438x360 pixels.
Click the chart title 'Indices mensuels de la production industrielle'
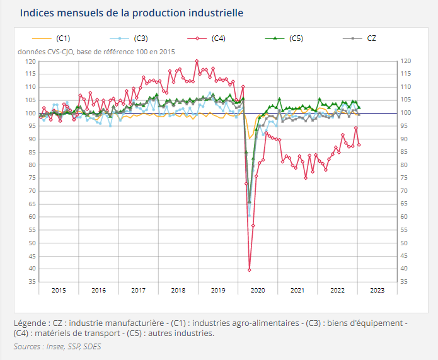tap(132, 13)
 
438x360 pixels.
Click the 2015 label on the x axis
tap(59, 290)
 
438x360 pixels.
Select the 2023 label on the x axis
tap(377, 290)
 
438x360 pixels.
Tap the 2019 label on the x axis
tap(218, 290)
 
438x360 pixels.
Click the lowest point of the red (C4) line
tap(250, 270)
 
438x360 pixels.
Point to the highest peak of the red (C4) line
tap(197, 61)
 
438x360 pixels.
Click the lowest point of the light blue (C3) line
tap(249, 216)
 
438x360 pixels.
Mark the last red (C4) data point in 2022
tap(359, 144)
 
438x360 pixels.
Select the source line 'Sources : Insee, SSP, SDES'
tap(57, 346)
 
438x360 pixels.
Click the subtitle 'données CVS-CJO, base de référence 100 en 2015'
tap(96, 52)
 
